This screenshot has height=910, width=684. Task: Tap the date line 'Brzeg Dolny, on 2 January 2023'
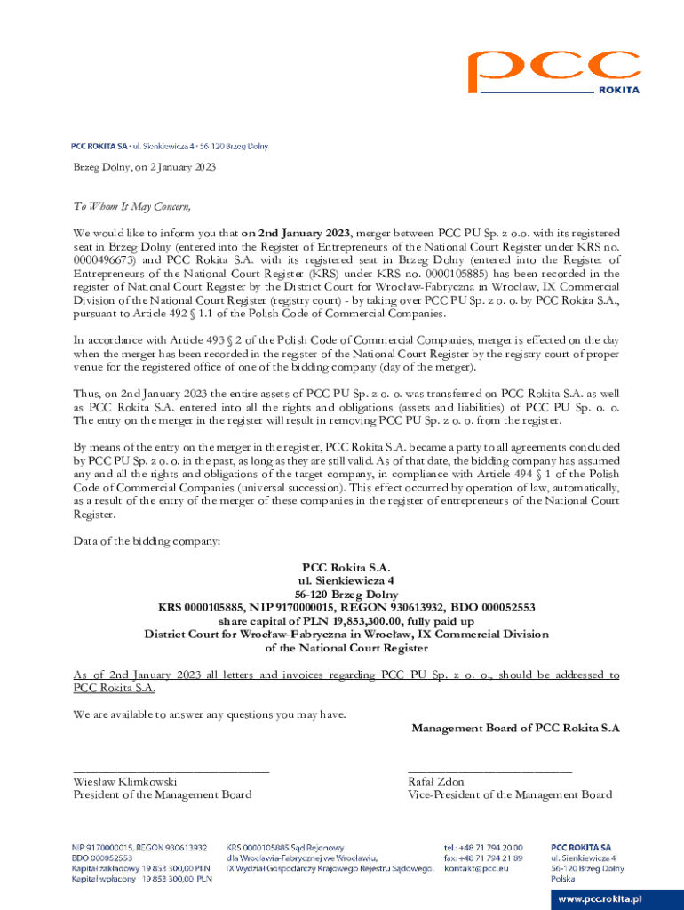coord(144,167)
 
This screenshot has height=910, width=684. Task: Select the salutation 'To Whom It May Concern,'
coord(131,207)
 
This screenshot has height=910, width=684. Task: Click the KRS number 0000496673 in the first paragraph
coord(103,261)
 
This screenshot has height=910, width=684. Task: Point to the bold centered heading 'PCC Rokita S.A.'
coord(346,567)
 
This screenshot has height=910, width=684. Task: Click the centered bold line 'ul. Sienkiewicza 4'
coord(346,580)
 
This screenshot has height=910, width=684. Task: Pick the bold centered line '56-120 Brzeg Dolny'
coord(346,595)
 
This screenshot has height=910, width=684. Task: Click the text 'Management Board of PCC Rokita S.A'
coord(515,728)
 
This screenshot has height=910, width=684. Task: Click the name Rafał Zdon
coord(435,781)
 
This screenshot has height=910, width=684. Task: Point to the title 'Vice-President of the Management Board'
coord(509,794)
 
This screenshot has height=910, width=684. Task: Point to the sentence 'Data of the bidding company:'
coord(147,541)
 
